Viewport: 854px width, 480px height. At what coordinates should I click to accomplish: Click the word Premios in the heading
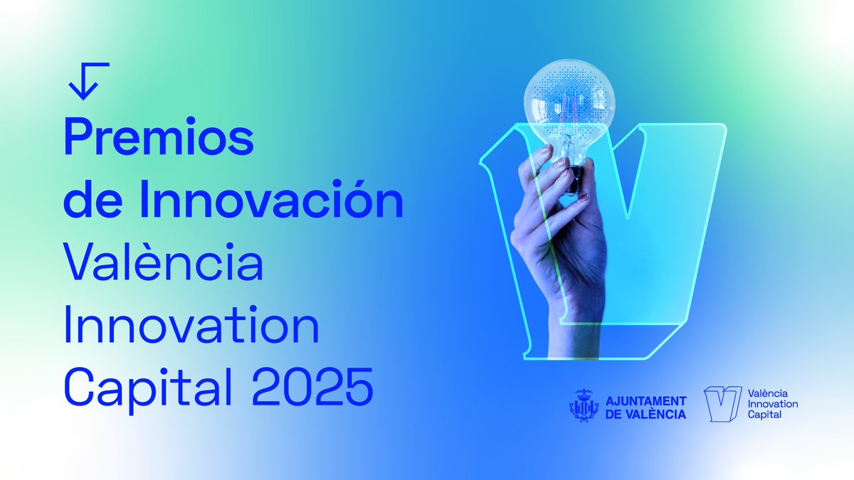pos(159,139)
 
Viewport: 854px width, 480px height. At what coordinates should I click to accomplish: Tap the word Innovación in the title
pos(271,201)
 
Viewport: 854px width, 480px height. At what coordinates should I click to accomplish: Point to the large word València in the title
pos(164,263)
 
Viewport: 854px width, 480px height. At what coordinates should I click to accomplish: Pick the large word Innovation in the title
pos(191,325)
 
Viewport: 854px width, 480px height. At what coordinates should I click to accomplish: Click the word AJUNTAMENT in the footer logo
pos(645,401)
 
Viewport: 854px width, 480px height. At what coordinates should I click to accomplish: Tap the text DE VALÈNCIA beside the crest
pos(645,414)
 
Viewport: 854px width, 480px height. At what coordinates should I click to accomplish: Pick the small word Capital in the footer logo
pos(764,415)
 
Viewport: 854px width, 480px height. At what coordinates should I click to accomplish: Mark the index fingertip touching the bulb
pos(547,151)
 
